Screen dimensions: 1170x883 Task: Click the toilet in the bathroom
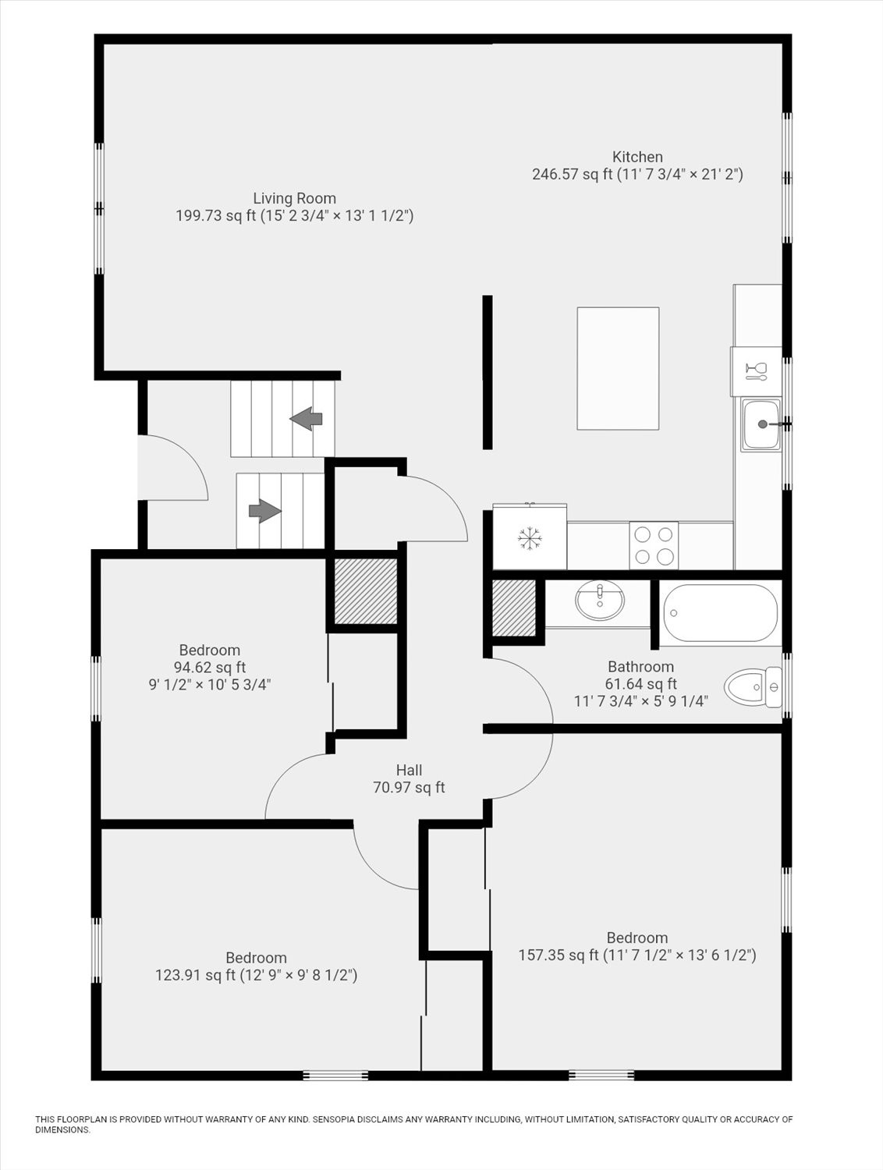click(753, 687)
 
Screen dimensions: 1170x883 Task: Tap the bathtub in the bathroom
click(720, 613)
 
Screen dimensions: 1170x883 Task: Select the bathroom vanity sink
click(599, 601)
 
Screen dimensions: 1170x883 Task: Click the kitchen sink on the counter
click(761, 424)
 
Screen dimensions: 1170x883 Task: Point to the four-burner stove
click(654, 545)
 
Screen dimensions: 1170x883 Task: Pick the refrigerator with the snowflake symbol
click(530, 537)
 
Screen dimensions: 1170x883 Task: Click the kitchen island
click(618, 368)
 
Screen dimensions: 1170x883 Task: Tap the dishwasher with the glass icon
click(756, 371)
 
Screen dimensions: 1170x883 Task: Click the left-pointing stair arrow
click(307, 419)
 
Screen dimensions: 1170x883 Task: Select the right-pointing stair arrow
click(265, 511)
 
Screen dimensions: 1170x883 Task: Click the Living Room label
click(294, 199)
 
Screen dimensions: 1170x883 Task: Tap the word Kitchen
click(637, 157)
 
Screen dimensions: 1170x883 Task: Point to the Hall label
click(409, 771)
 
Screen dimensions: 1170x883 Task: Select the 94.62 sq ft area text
click(209, 667)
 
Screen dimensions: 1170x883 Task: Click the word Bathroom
click(640, 667)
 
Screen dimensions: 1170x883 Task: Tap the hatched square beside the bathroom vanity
click(514, 608)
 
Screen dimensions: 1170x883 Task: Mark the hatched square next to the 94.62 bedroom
click(366, 590)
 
